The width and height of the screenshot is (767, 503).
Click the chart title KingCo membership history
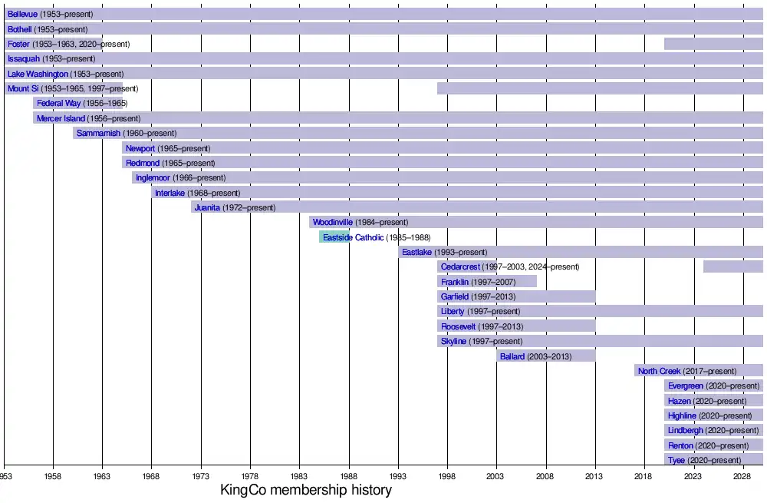tap(306, 490)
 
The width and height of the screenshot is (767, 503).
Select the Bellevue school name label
tap(22, 14)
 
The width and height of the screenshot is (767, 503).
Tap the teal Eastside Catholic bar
tap(334, 237)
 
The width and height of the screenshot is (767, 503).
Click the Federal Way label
tap(59, 104)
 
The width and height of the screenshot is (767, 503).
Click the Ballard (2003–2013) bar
tap(546, 356)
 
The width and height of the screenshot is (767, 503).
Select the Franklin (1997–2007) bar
tap(487, 282)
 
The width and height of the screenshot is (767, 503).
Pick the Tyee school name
tap(676, 460)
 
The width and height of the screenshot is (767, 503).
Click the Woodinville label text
tap(332, 223)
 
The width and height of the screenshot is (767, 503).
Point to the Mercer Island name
tap(61, 119)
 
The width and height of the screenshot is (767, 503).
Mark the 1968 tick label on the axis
tap(152, 476)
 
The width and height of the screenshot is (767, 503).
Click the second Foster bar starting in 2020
tap(713, 44)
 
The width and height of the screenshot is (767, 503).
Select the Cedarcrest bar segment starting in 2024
tap(732, 266)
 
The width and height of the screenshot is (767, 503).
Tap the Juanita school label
tap(207, 207)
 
